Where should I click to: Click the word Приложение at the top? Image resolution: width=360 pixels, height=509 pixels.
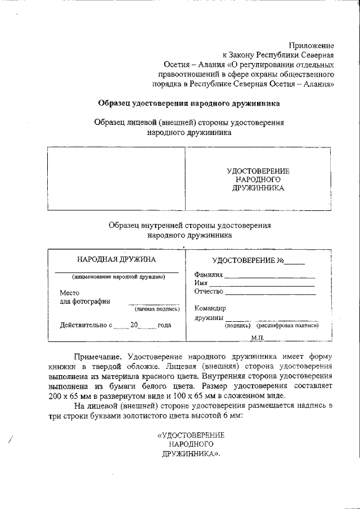pyautogui.click(x=312, y=45)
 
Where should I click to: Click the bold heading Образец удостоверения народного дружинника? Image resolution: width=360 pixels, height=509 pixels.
pyautogui.click(x=188, y=103)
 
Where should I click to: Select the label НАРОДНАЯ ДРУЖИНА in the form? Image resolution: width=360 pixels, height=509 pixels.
pyautogui.click(x=116, y=259)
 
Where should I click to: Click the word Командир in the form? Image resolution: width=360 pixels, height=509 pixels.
pyautogui.click(x=210, y=308)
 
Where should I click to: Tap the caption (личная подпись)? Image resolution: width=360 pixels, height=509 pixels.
pyautogui.click(x=156, y=309)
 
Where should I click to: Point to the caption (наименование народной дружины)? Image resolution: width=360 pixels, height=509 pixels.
pyautogui.click(x=118, y=277)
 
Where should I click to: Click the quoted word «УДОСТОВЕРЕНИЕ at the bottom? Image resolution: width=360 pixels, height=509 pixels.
pyautogui.click(x=191, y=435)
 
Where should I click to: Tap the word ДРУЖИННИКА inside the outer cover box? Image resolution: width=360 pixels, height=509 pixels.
pyautogui.click(x=258, y=188)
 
